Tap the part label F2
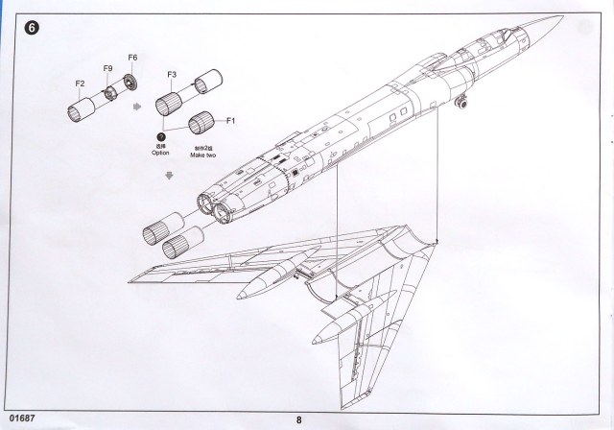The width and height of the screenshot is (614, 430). click(81, 84)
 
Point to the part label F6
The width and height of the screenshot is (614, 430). click(132, 60)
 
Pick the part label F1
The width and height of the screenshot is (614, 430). click(229, 121)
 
